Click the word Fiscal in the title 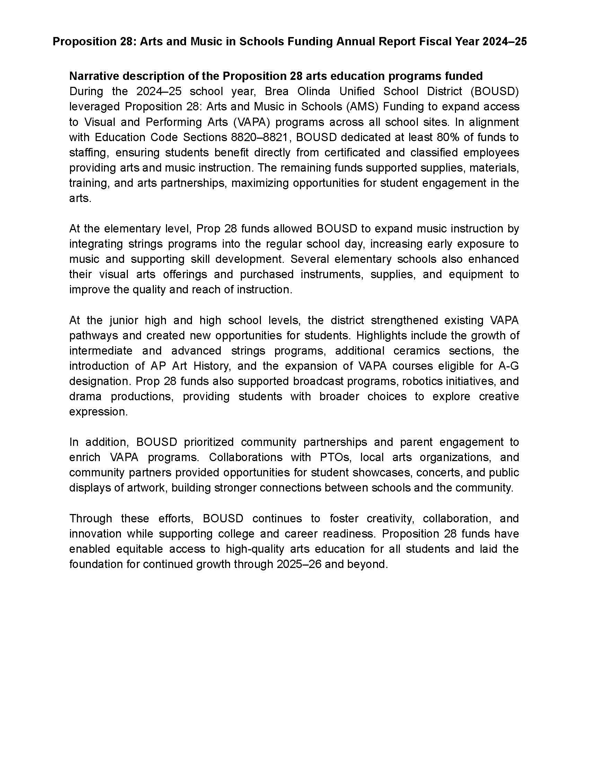(438, 42)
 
